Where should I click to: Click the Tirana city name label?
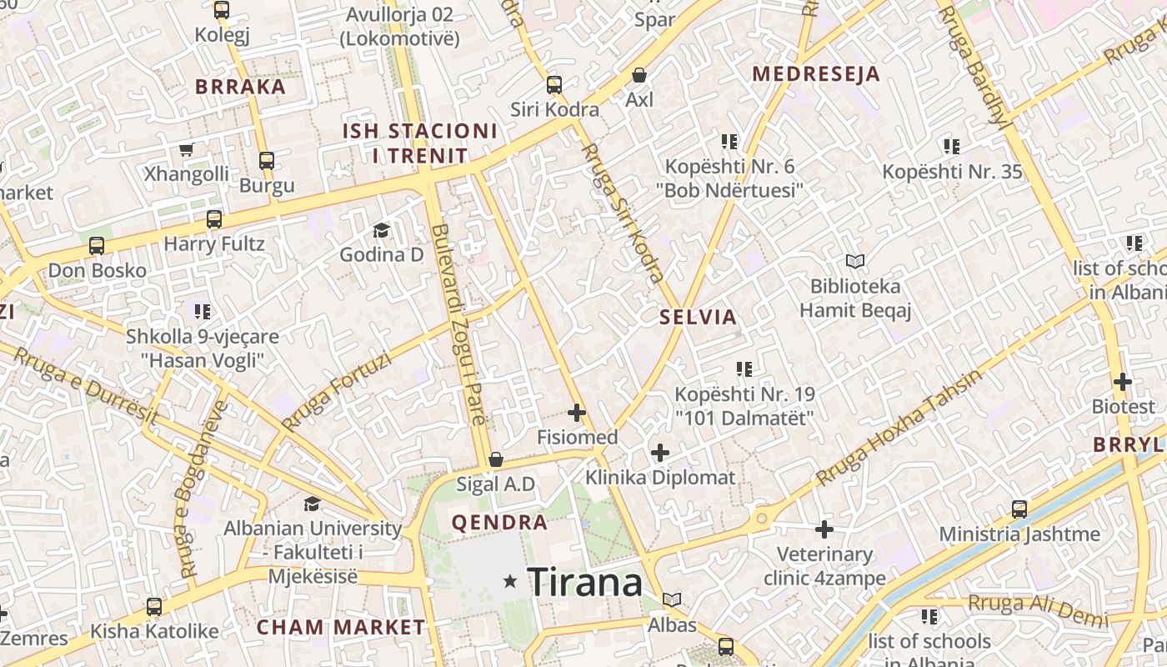click(x=585, y=582)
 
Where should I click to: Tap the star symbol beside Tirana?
click(x=510, y=581)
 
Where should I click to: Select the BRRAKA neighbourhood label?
click(x=240, y=87)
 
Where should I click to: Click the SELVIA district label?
click(x=699, y=317)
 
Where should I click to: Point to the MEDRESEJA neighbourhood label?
click(x=816, y=74)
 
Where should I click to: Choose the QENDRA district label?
click(x=499, y=523)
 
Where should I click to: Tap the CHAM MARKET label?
click(x=341, y=627)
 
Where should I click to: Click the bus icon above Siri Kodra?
click(x=554, y=84)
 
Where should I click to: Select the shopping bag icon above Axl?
click(x=639, y=75)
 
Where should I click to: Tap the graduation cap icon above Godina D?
click(x=381, y=230)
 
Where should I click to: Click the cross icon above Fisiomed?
click(x=577, y=412)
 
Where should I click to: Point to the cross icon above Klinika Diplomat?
click(x=660, y=453)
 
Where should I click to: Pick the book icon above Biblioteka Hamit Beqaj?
click(x=855, y=261)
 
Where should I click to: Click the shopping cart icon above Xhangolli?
click(x=187, y=150)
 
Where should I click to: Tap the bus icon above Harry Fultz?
click(x=214, y=219)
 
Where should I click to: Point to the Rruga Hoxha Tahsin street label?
click(x=899, y=427)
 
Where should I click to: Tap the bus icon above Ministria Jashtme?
click(x=1019, y=509)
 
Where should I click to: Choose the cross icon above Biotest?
click(x=1123, y=382)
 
